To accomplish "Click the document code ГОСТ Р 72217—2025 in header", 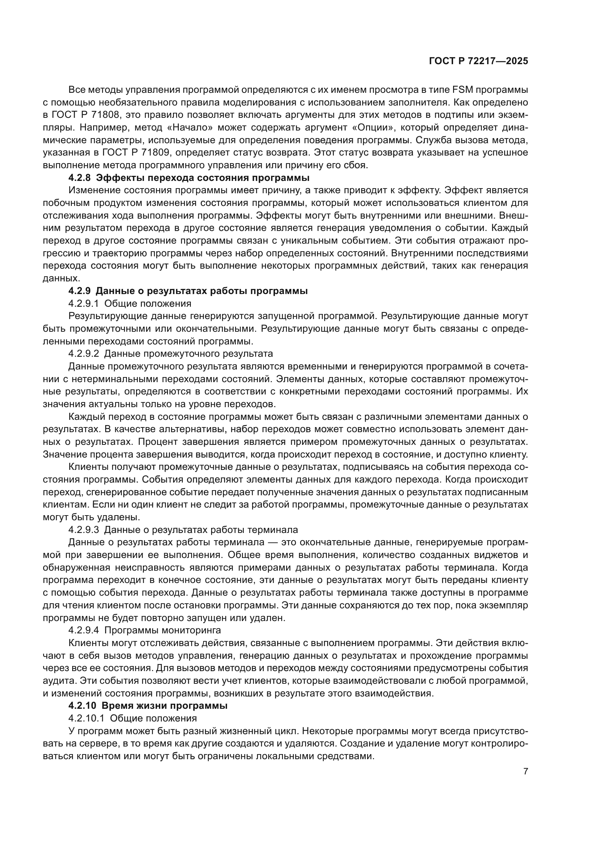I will coord(478,61).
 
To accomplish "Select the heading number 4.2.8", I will coord(79,178).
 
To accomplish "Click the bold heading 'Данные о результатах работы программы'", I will coord(201,291).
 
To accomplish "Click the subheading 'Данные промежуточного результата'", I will coord(188,353).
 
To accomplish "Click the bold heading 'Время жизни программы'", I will coord(164,706).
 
